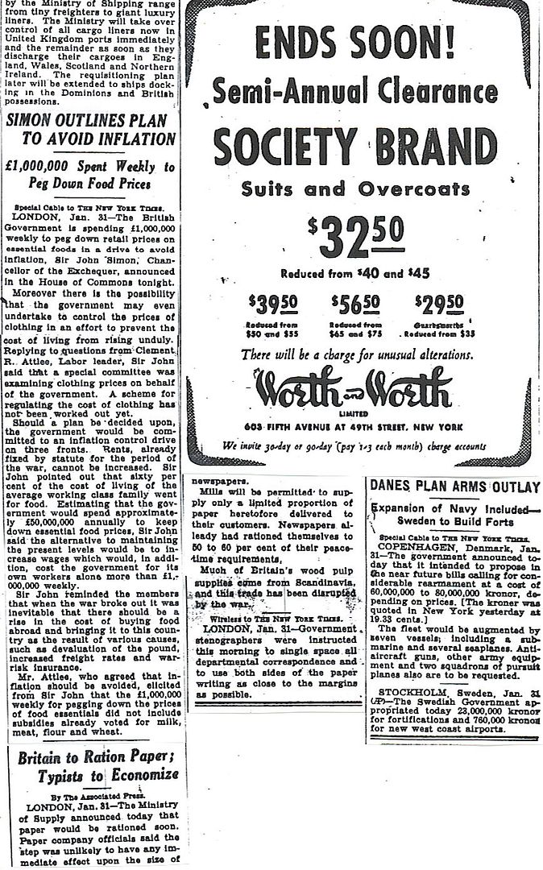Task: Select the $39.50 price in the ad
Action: (x=271, y=306)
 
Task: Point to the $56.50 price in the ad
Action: (x=356, y=306)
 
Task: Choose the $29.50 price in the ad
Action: (x=438, y=306)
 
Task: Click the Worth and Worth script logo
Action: (x=356, y=391)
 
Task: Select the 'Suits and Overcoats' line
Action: (x=355, y=190)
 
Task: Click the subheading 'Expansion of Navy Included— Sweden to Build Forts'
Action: (x=454, y=516)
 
